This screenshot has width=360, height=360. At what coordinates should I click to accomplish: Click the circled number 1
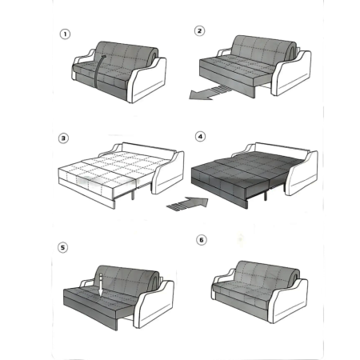(65, 34)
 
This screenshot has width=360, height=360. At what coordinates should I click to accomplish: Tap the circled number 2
(199, 30)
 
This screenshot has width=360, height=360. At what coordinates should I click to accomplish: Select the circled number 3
(63, 138)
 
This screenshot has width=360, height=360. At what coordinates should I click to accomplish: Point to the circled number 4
(200, 137)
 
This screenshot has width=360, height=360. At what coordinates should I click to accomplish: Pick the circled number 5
(63, 247)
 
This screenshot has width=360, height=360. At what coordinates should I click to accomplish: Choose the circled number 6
(202, 240)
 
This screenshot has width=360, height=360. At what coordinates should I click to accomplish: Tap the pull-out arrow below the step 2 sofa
(208, 93)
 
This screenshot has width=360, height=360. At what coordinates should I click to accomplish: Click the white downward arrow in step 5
(101, 284)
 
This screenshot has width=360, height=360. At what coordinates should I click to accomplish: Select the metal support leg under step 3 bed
(133, 194)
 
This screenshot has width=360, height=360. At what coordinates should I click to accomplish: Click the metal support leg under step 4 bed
(266, 195)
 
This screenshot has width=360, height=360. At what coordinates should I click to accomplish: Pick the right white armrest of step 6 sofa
(290, 302)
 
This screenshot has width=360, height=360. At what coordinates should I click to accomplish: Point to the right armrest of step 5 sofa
(154, 304)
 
